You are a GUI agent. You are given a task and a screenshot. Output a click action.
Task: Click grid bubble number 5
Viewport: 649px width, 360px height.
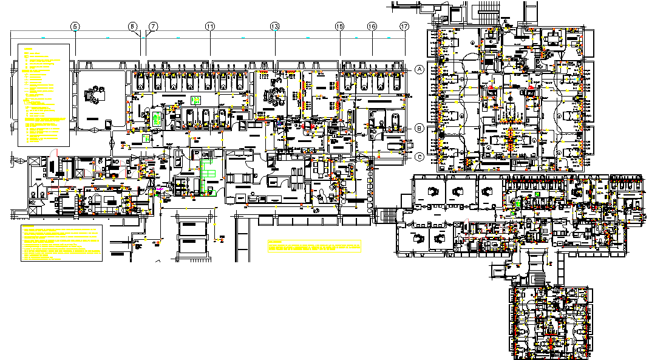tap(75, 26)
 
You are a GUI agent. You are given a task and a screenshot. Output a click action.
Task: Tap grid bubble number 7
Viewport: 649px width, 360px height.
tap(153, 26)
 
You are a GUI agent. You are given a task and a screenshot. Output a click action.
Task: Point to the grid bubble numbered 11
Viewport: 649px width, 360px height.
tap(210, 26)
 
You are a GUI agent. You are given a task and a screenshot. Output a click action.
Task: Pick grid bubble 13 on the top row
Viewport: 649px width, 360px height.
tap(275, 26)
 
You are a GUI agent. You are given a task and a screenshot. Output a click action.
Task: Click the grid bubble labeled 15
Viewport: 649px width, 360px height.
tap(339, 26)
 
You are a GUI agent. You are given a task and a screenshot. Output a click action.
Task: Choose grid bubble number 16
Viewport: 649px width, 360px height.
tap(372, 26)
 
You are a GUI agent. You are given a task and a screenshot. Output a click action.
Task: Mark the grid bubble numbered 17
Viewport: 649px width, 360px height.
tap(404, 26)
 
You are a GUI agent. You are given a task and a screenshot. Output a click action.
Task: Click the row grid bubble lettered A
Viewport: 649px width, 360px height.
tap(419, 70)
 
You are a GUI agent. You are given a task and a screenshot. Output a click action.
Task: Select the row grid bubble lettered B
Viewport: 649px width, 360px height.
tap(419, 128)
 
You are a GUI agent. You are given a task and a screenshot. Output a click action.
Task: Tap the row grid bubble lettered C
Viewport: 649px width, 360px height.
tap(419, 157)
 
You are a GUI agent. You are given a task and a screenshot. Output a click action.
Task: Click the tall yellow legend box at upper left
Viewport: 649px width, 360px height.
tap(43, 95)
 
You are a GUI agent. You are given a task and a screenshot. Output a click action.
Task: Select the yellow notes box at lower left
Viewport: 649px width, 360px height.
tap(61, 243)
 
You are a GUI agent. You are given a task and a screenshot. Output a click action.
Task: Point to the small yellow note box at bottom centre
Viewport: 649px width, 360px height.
tap(314, 246)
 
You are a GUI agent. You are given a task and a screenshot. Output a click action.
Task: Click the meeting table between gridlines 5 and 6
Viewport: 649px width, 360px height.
tap(95, 95)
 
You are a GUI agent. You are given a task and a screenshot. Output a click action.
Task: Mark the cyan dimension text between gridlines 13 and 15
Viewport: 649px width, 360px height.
tap(307, 39)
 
